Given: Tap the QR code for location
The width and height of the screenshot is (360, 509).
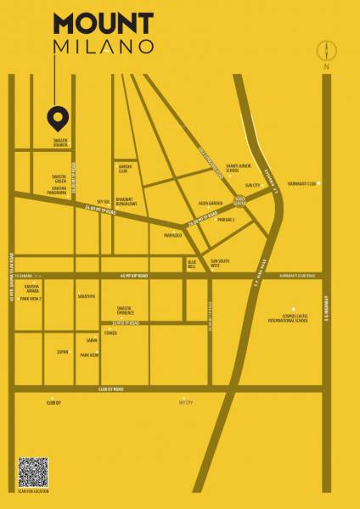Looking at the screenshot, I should point(33,472).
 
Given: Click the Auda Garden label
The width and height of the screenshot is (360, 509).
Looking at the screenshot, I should point(210,204).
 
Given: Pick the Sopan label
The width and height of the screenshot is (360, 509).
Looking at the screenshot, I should point(62,350).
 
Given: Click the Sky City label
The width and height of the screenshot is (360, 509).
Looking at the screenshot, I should point(186,402).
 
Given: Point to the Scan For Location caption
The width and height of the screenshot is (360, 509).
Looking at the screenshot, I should point(33,492).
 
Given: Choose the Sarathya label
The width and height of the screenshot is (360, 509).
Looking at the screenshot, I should point(86,297).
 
